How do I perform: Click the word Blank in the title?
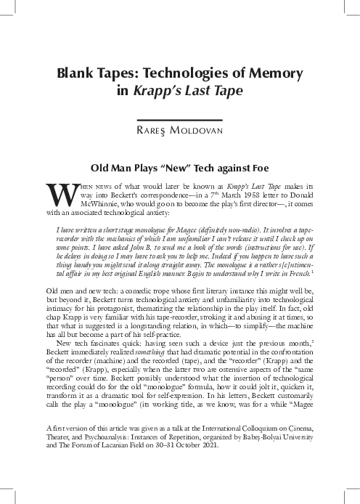[78, 74]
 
